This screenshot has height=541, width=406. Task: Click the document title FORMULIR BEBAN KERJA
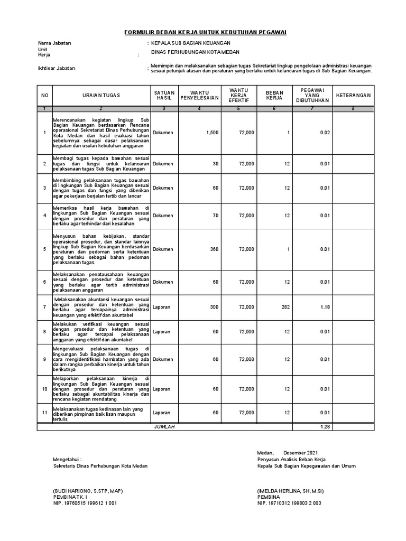[x=205, y=32]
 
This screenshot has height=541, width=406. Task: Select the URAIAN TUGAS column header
[x=101, y=95]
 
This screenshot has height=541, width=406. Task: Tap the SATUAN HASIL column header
[x=164, y=95]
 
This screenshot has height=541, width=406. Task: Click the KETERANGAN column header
[x=354, y=95]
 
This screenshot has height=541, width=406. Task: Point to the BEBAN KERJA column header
[x=274, y=95]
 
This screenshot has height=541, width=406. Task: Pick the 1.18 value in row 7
[x=325, y=306]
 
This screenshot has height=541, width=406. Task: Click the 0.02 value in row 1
[x=325, y=133]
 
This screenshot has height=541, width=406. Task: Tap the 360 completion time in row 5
[x=214, y=249]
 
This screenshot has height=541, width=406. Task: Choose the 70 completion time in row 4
[x=215, y=216]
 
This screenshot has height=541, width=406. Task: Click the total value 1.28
[x=325, y=427]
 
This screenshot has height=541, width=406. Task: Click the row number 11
[x=44, y=413]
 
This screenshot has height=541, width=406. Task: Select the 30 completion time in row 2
[x=215, y=164]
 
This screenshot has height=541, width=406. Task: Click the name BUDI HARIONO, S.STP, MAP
[x=88, y=491]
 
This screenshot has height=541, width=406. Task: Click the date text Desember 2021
[x=301, y=453]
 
